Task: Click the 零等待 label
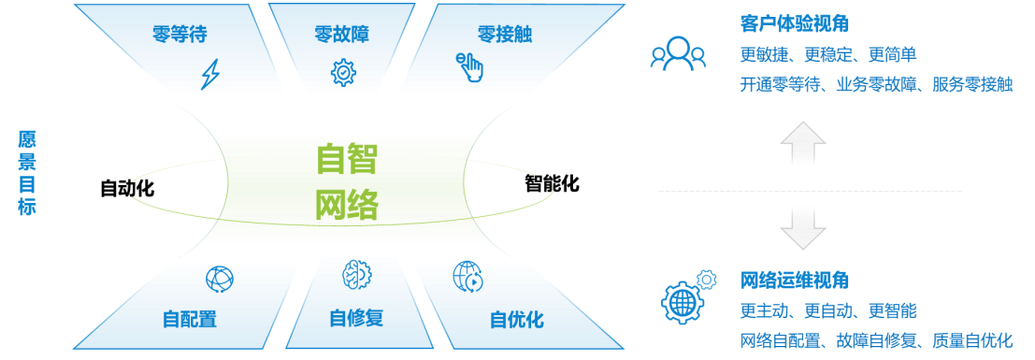(180, 34)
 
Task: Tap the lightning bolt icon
(210, 74)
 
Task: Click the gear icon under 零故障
(342, 73)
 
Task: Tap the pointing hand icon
(470, 67)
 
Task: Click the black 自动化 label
(127, 189)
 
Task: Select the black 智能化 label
(552, 183)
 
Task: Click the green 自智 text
(347, 159)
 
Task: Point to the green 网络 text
(347, 204)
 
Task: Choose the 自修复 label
(356, 318)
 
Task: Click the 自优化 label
(517, 320)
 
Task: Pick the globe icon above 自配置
(219, 279)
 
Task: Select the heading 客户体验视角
(794, 23)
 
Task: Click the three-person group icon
(678, 53)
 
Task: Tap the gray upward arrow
(802, 143)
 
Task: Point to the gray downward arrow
(802, 228)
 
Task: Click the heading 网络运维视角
(794, 281)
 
